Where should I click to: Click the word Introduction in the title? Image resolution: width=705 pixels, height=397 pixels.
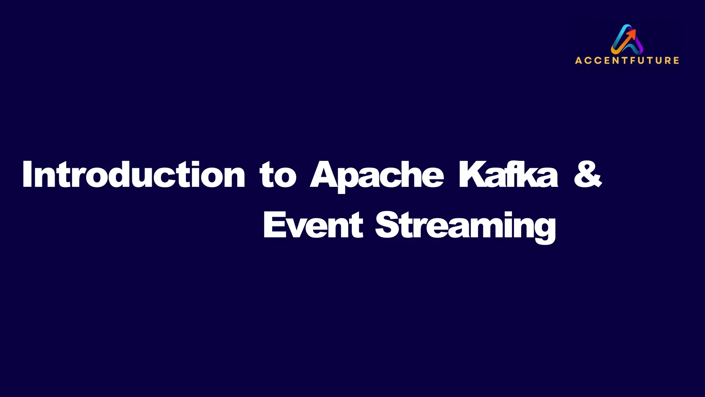[134, 175]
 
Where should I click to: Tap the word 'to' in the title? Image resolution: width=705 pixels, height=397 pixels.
[278, 176]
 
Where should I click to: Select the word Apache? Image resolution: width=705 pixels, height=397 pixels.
[377, 176]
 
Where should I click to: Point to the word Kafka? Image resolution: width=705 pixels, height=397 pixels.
[508, 175]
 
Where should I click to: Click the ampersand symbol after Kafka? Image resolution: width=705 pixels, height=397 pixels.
[588, 174]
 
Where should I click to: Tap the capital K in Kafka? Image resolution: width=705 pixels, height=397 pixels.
[470, 174]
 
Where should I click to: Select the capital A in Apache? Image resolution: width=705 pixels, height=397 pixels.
[324, 174]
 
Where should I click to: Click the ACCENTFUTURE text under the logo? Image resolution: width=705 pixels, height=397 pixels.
[627, 61]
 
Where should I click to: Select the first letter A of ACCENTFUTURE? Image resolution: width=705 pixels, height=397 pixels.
[578, 61]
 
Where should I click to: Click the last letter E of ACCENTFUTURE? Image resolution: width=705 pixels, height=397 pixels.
[676, 61]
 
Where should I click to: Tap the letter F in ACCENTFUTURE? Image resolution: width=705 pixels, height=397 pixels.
[633, 61]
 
